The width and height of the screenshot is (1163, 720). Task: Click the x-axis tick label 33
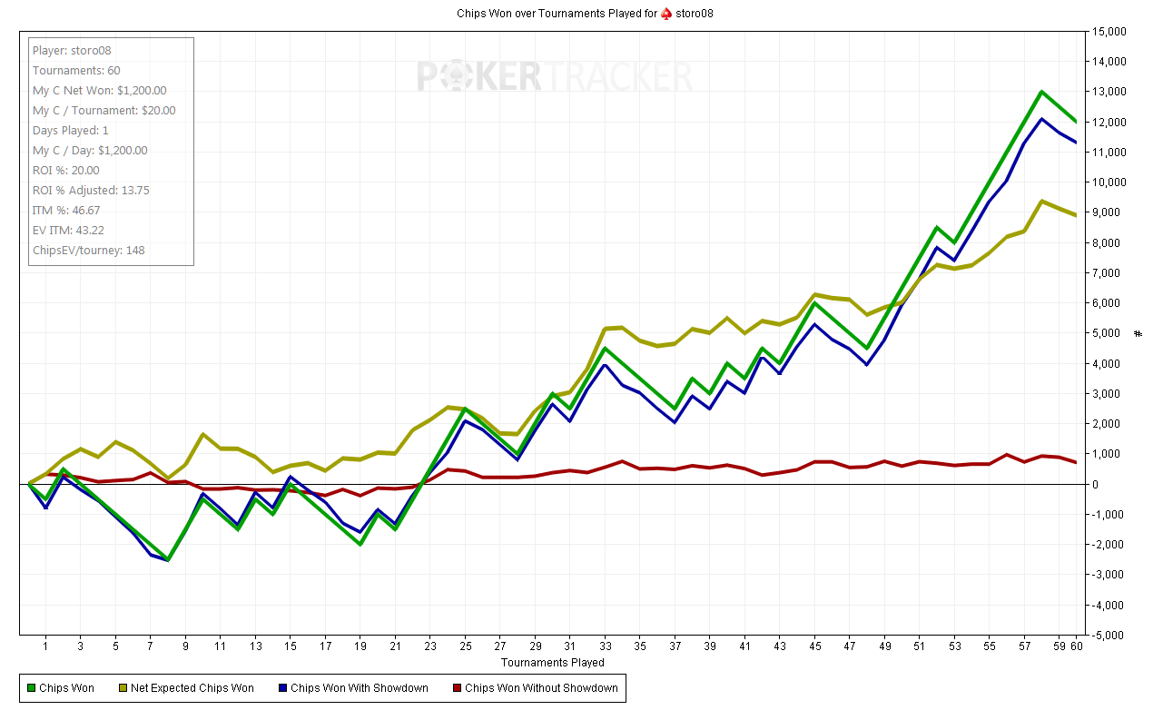[x=606, y=646]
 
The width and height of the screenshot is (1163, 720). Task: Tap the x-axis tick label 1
[x=45, y=646]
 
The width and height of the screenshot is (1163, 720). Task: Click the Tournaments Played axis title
[x=553, y=662]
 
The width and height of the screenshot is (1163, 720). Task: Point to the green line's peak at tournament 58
[x=1041, y=92]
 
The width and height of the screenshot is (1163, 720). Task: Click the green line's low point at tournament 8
[x=168, y=559]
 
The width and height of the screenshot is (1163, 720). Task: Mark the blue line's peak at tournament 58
[x=1041, y=119]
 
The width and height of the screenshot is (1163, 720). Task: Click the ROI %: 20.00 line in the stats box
[x=66, y=171]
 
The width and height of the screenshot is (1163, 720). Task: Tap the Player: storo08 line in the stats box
[x=72, y=51]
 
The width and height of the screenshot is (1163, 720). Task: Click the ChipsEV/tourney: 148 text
[x=88, y=251]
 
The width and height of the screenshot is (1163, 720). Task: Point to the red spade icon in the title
[x=665, y=14]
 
